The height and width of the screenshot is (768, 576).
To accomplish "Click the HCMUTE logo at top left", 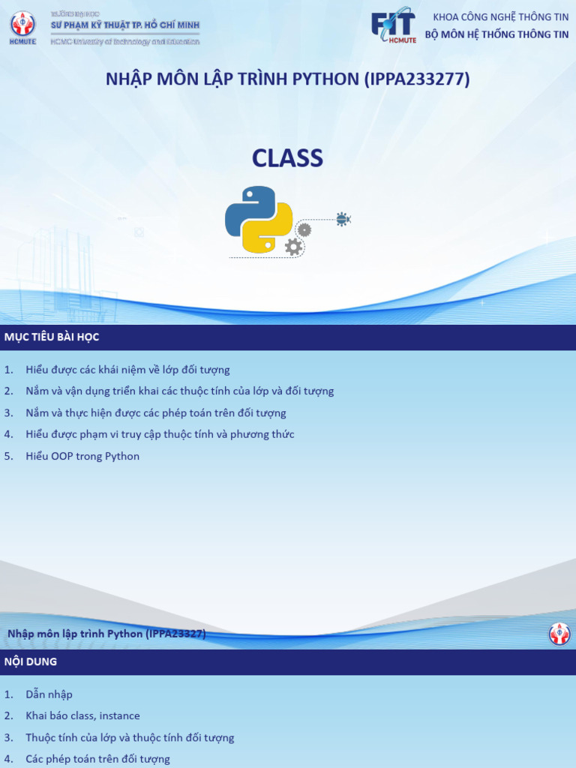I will click(22, 28).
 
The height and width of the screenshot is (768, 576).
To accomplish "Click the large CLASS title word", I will click(287, 158).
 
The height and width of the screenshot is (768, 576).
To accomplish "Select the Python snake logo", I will click(259, 219).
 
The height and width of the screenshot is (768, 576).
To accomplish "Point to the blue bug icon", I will click(343, 219).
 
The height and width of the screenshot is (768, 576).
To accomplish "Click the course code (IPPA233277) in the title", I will click(417, 79).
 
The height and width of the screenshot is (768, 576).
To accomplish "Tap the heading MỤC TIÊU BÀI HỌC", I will click(52, 337).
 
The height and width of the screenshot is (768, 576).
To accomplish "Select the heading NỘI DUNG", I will click(31, 662).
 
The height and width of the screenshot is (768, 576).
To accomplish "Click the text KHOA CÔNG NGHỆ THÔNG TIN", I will click(501, 17).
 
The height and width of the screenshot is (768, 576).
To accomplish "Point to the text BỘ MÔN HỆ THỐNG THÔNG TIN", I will click(496, 34).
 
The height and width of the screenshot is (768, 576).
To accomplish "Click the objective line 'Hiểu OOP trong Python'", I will click(82, 456).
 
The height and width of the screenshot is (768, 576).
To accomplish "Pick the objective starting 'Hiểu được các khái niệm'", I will click(127, 370).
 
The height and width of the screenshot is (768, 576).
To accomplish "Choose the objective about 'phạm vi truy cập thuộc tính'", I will click(160, 434).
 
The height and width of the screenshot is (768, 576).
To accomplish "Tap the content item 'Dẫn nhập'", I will click(49, 694).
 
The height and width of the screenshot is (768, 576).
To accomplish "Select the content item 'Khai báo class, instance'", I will click(82, 716).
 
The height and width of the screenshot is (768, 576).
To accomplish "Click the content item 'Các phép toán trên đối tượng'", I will click(97, 759).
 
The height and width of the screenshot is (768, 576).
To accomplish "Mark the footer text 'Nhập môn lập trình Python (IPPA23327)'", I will click(106, 634).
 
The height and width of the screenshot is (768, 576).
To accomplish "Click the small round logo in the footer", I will click(559, 634).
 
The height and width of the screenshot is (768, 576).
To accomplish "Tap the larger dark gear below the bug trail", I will click(293, 247).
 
